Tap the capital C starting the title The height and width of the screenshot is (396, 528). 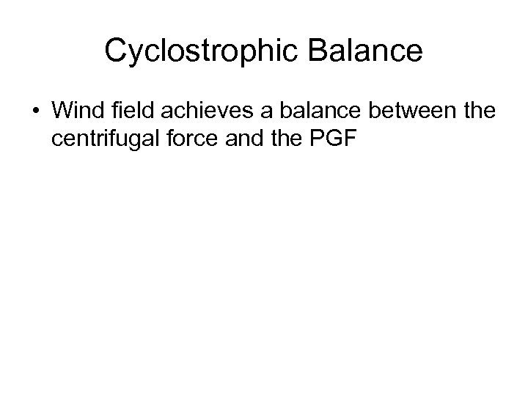point(115,51)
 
